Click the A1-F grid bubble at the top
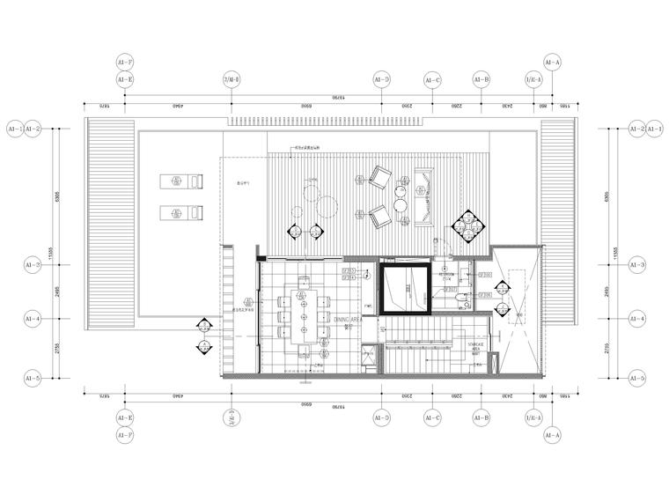[124, 63]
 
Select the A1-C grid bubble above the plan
[432, 79]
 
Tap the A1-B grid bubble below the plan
[482, 419]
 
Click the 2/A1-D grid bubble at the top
[232, 79]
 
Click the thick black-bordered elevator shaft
[405, 288]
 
